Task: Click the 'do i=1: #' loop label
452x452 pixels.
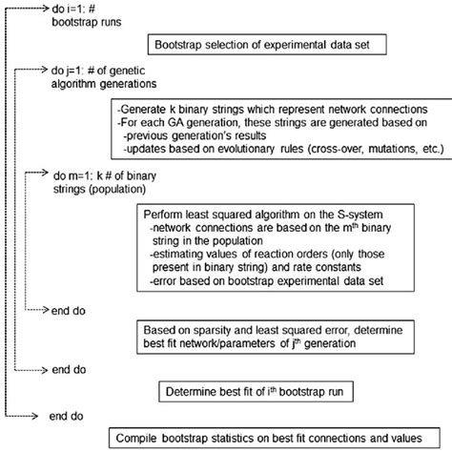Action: tap(76, 7)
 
